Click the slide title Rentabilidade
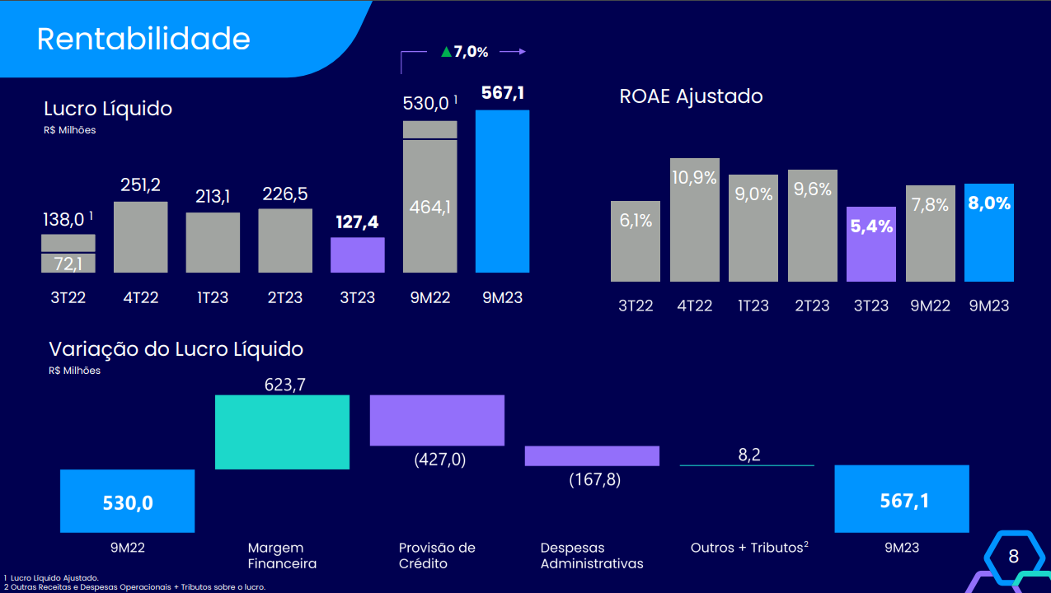tap(143, 39)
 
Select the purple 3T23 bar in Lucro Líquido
tap(358, 254)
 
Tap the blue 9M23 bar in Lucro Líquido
tap(502, 191)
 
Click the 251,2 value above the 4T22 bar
tap(140, 184)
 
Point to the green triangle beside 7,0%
tap(446, 52)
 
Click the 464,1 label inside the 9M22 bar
tap(429, 207)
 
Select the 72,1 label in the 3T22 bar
tap(68, 264)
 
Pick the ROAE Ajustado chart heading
tap(691, 96)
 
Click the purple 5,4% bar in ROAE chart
tap(870, 244)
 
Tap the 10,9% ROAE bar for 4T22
tap(694, 219)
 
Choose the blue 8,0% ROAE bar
tap(989, 232)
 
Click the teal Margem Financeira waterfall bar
tap(282, 432)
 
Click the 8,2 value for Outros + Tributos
tap(748, 455)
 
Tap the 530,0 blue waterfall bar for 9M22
tap(127, 501)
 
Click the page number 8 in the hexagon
tap(1013, 557)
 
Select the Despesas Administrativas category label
tap(592, 555)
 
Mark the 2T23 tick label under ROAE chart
tap(812, 306)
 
